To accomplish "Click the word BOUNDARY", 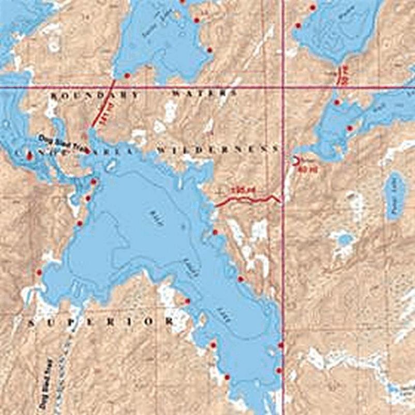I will pos(95,95).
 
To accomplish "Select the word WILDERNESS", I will pos(217,149).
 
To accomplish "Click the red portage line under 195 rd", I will pos(248,199).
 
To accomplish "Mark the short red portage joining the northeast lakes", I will pos(339,76).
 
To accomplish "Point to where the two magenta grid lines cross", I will pos(283,87).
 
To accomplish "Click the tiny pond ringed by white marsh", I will pos(343,240).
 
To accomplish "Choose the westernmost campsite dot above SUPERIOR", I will pos(39,272).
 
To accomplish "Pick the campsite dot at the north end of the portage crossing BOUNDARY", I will pos(127,76).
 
